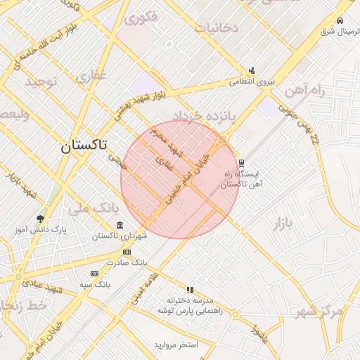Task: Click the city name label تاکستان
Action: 84,146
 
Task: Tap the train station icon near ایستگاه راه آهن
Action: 243,162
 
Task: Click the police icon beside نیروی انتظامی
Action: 252,70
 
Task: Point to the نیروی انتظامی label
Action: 252,82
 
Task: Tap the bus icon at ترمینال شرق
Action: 340,20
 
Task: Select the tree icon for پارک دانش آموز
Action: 40,219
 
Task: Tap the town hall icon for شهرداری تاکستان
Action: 120,225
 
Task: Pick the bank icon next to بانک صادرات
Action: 127,252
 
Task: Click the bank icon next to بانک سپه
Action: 95,274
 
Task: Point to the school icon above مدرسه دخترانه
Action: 190,289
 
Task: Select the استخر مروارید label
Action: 177,346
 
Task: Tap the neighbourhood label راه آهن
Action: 304,90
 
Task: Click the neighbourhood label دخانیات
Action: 217,28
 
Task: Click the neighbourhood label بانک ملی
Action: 91,208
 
